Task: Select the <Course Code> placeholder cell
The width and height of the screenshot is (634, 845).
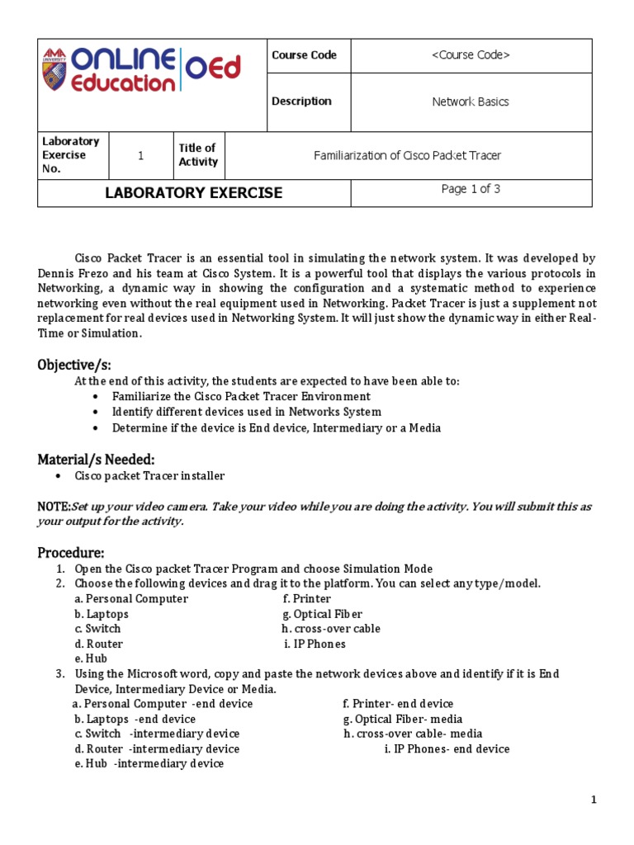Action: (x=471, y=55)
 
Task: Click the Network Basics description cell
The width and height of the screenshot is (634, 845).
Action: (x=471, y=102)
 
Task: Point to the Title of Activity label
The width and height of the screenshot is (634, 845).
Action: (x=198, y=155)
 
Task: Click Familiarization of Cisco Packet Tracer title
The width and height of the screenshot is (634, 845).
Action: (x=408, y=155)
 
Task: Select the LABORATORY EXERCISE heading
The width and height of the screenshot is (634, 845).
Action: (x=194, y=193)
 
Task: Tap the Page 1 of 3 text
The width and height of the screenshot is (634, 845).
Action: (x=471, y=189)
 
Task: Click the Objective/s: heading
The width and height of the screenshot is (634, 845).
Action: (x=74, y=365)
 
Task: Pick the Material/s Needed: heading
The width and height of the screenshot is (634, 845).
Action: (x=96, y=459)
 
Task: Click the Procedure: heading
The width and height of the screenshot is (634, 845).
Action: (x=71, y=552)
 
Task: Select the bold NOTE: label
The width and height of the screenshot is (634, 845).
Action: (x=54, y=507)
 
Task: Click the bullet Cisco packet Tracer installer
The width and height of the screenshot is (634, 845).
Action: (x=149, y=476)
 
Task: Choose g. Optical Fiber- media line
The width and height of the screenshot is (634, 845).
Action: (x=403, y=719)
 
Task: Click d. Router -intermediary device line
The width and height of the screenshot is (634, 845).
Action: (x=157, y=749)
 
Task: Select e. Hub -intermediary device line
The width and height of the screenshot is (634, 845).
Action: (x=149, y=764)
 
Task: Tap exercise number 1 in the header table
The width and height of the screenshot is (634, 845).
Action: (x=140, y=155)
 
